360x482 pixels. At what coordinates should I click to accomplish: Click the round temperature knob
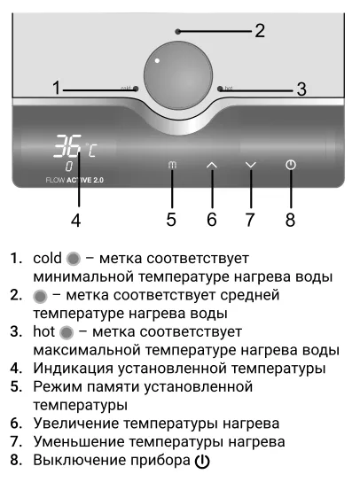[x=178, y=75]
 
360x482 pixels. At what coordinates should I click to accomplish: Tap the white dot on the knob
[x=157, y=60]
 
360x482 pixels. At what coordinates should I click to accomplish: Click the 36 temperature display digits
[x=67, y=145]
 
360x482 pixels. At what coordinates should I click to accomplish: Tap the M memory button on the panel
[x=172, y=165]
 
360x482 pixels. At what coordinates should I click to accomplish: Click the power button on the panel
[x=291, y=165]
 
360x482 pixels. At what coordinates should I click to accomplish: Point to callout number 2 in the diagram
[x=260, y=31]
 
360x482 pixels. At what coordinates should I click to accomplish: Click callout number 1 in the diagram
[x=56, y=88]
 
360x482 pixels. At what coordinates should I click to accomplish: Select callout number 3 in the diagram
[x=301, y=89]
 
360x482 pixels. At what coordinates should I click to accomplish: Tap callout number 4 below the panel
[x=76, y=220]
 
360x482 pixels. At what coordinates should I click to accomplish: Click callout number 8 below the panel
[x=290, y=220]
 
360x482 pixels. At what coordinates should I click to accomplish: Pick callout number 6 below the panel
[x=212, y=220]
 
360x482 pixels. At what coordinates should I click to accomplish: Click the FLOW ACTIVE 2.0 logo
[x=74, y=180]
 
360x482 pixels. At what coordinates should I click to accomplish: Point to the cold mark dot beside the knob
[x=136, y=89]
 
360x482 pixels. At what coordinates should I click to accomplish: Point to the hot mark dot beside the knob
[x=220, y=89]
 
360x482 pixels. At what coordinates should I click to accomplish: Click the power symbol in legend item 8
[x=202, y=461]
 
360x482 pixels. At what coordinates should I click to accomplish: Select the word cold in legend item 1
[x=47, y=258]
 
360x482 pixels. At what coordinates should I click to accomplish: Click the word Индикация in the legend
[x=73, y=369]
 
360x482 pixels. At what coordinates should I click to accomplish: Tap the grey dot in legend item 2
[x=40, y=297]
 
